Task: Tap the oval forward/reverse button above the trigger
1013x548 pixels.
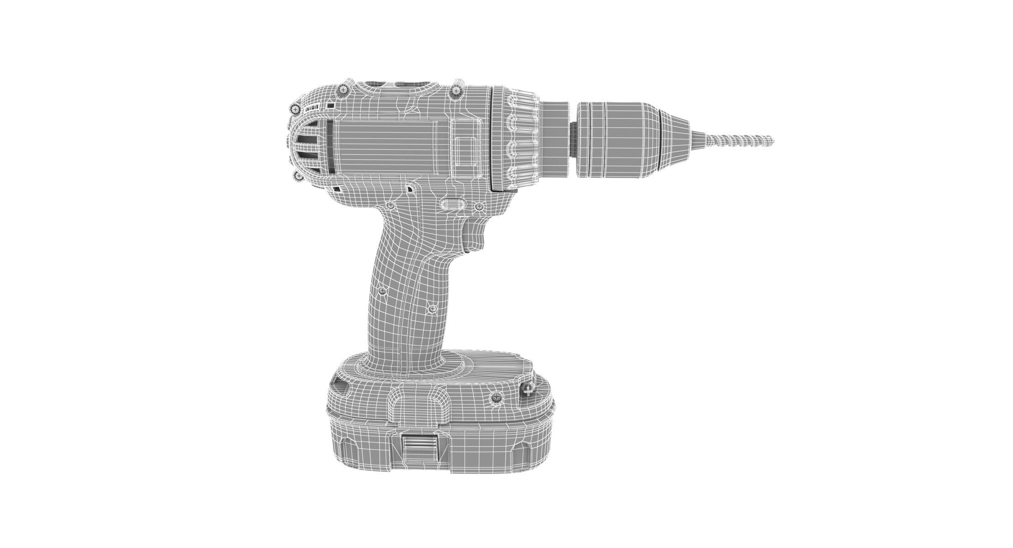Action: [452, 204]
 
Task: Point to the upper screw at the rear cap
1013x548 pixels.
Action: [296, 109]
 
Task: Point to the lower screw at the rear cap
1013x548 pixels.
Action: [298, 176]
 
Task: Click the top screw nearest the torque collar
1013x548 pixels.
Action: [456, 92]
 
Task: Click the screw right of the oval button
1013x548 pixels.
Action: [479, 207]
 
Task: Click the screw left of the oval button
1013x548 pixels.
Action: [390, 206]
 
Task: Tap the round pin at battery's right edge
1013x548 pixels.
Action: [527, 389]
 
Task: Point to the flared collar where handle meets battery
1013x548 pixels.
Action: [402, 365]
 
